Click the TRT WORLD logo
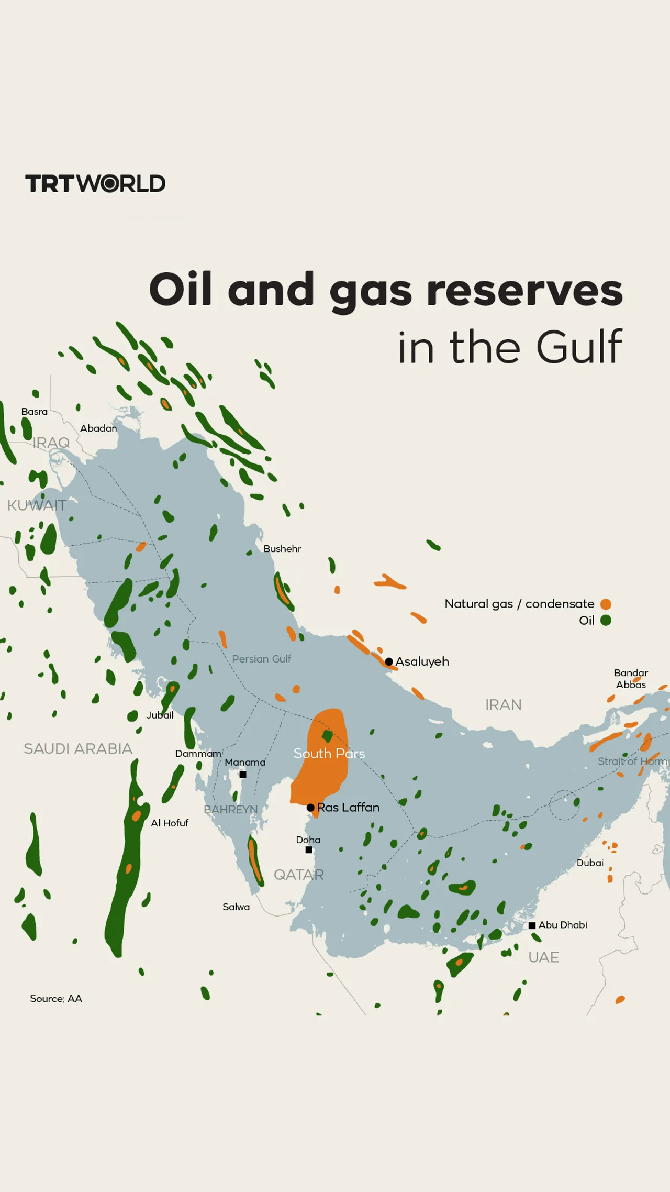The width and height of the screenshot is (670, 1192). click(95, 184)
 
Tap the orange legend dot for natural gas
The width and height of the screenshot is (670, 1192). click(606, 604)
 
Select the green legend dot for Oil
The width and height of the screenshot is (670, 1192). click(606, 621)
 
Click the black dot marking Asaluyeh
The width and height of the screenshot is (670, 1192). click(389, 662)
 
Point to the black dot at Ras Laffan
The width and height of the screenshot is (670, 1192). click(310, 808)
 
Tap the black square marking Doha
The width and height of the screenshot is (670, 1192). click(309, 850)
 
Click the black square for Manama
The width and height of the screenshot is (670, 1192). click(243, 775)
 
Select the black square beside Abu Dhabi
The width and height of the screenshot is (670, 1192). click(532, 925)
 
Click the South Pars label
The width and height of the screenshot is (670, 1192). click(329, 754)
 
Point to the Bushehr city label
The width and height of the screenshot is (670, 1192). click(282, 549)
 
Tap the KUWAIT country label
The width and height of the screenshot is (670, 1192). click(37, 505)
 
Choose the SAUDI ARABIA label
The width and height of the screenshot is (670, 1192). click(78, 749)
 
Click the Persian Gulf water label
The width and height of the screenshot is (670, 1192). click(261, 659)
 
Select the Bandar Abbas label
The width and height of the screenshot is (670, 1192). click(631, 679)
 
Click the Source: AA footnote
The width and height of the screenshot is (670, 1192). click(56, 999)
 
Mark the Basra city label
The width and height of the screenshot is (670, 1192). click(35, 412)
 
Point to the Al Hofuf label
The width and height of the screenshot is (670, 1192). click(170, 823)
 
